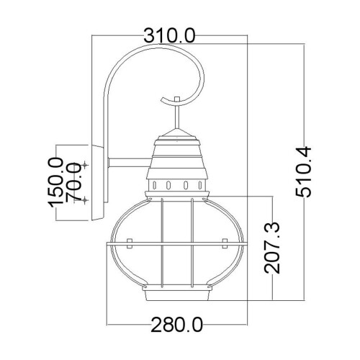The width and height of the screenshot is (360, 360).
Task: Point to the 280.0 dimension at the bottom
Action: point(176,325)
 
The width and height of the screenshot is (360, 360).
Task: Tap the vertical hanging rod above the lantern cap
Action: point(176,115)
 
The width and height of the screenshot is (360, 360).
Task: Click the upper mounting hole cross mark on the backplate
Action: point(86,166)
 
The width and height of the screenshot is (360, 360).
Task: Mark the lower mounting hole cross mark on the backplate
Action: point(86,198)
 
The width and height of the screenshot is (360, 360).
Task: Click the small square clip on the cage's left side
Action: point(130,240)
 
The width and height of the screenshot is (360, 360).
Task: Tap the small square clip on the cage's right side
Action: point(222,240)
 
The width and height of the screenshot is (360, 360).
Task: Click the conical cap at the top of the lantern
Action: point(176,137)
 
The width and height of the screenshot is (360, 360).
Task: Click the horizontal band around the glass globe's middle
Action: point(176,249)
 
